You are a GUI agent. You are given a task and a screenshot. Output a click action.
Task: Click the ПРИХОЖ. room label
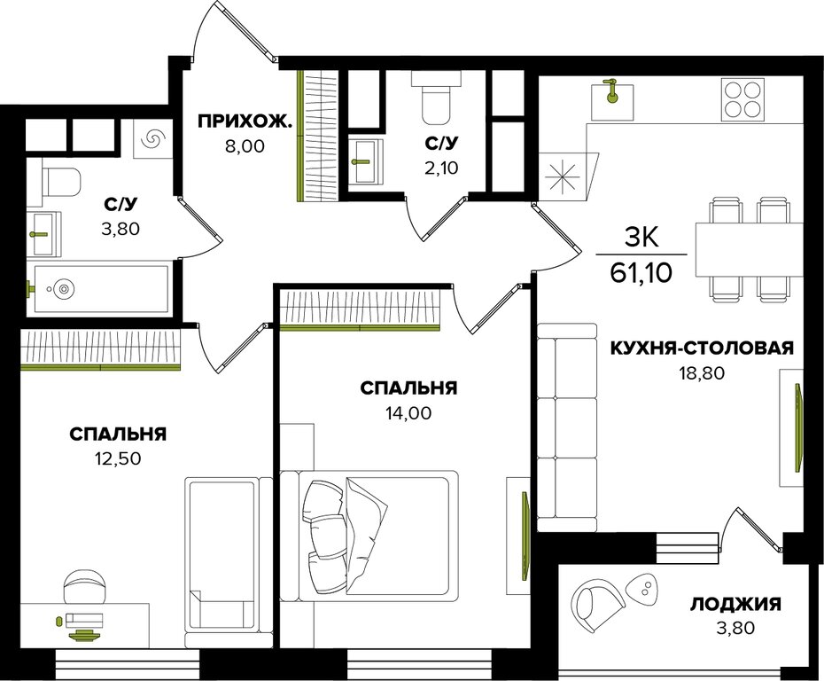click(x=244, y=122)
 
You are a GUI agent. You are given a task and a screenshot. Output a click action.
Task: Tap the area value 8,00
click(x=245, y=146)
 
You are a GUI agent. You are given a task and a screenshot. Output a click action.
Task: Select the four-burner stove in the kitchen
click(x=742, y=98)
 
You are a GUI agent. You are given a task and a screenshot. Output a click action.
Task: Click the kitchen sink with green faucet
click(x=610, y=100)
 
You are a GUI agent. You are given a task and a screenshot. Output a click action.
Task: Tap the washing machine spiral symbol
click(x=152, y=138)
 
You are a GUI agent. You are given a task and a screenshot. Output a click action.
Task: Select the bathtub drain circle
click(x=64, y=288)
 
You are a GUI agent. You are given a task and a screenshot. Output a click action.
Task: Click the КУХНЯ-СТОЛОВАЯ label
click(x=702, y=348)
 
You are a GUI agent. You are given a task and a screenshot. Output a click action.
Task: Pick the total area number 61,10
click(x=641, y=273)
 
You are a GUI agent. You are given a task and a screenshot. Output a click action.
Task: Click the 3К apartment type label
click(x=641, y=239)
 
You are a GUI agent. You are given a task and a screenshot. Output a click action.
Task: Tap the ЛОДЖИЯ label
click(x=735, y=604)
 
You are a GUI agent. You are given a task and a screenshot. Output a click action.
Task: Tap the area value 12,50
click(x=118, y=458)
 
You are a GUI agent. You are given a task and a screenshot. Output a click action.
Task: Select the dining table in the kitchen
click(x=750, y=249)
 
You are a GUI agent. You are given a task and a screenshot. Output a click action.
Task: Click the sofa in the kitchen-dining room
click(x=568, y=427)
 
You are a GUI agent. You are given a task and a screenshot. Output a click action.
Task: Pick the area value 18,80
click(x=702, y=372)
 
